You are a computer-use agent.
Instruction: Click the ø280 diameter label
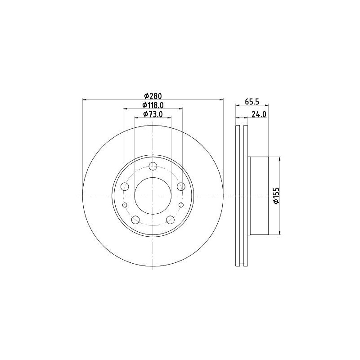153,95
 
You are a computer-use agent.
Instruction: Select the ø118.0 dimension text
153,105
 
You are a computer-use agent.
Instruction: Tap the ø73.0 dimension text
153,114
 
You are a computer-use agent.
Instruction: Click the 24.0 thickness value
259,114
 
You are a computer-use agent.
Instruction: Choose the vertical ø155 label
276,195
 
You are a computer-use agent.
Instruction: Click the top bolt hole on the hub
153,166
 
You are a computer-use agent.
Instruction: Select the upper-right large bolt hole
181,186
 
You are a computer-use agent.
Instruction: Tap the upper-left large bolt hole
125,186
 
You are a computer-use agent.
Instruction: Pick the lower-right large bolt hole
170,220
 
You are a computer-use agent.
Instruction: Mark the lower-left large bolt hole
135,220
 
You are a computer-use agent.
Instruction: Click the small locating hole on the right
181,205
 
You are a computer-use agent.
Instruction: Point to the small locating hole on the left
125,205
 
